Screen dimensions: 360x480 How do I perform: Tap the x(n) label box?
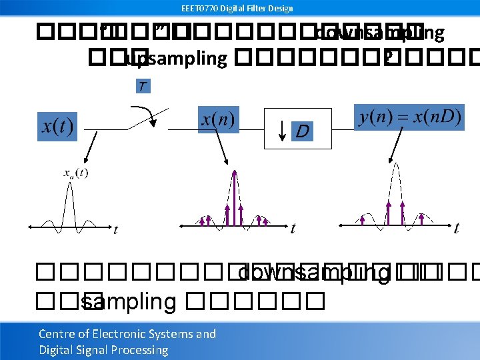[x=217, y=120]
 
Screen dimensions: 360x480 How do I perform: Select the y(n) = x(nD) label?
[x=409, y=117]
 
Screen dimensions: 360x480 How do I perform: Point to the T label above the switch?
[x=143, y=86]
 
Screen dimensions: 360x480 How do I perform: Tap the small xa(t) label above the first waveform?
[x=76, y=173]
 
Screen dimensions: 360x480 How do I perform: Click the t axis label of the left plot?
[x=115, y=230]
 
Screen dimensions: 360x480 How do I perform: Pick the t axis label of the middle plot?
[x=293, y=229]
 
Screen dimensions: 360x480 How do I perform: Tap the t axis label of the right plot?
[x=456, y=229]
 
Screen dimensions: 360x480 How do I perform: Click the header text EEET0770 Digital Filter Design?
[x=237, y=8]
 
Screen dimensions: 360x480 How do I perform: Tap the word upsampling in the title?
[x=177, y=59]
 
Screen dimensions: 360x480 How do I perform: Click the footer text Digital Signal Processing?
[x=103, y=350]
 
